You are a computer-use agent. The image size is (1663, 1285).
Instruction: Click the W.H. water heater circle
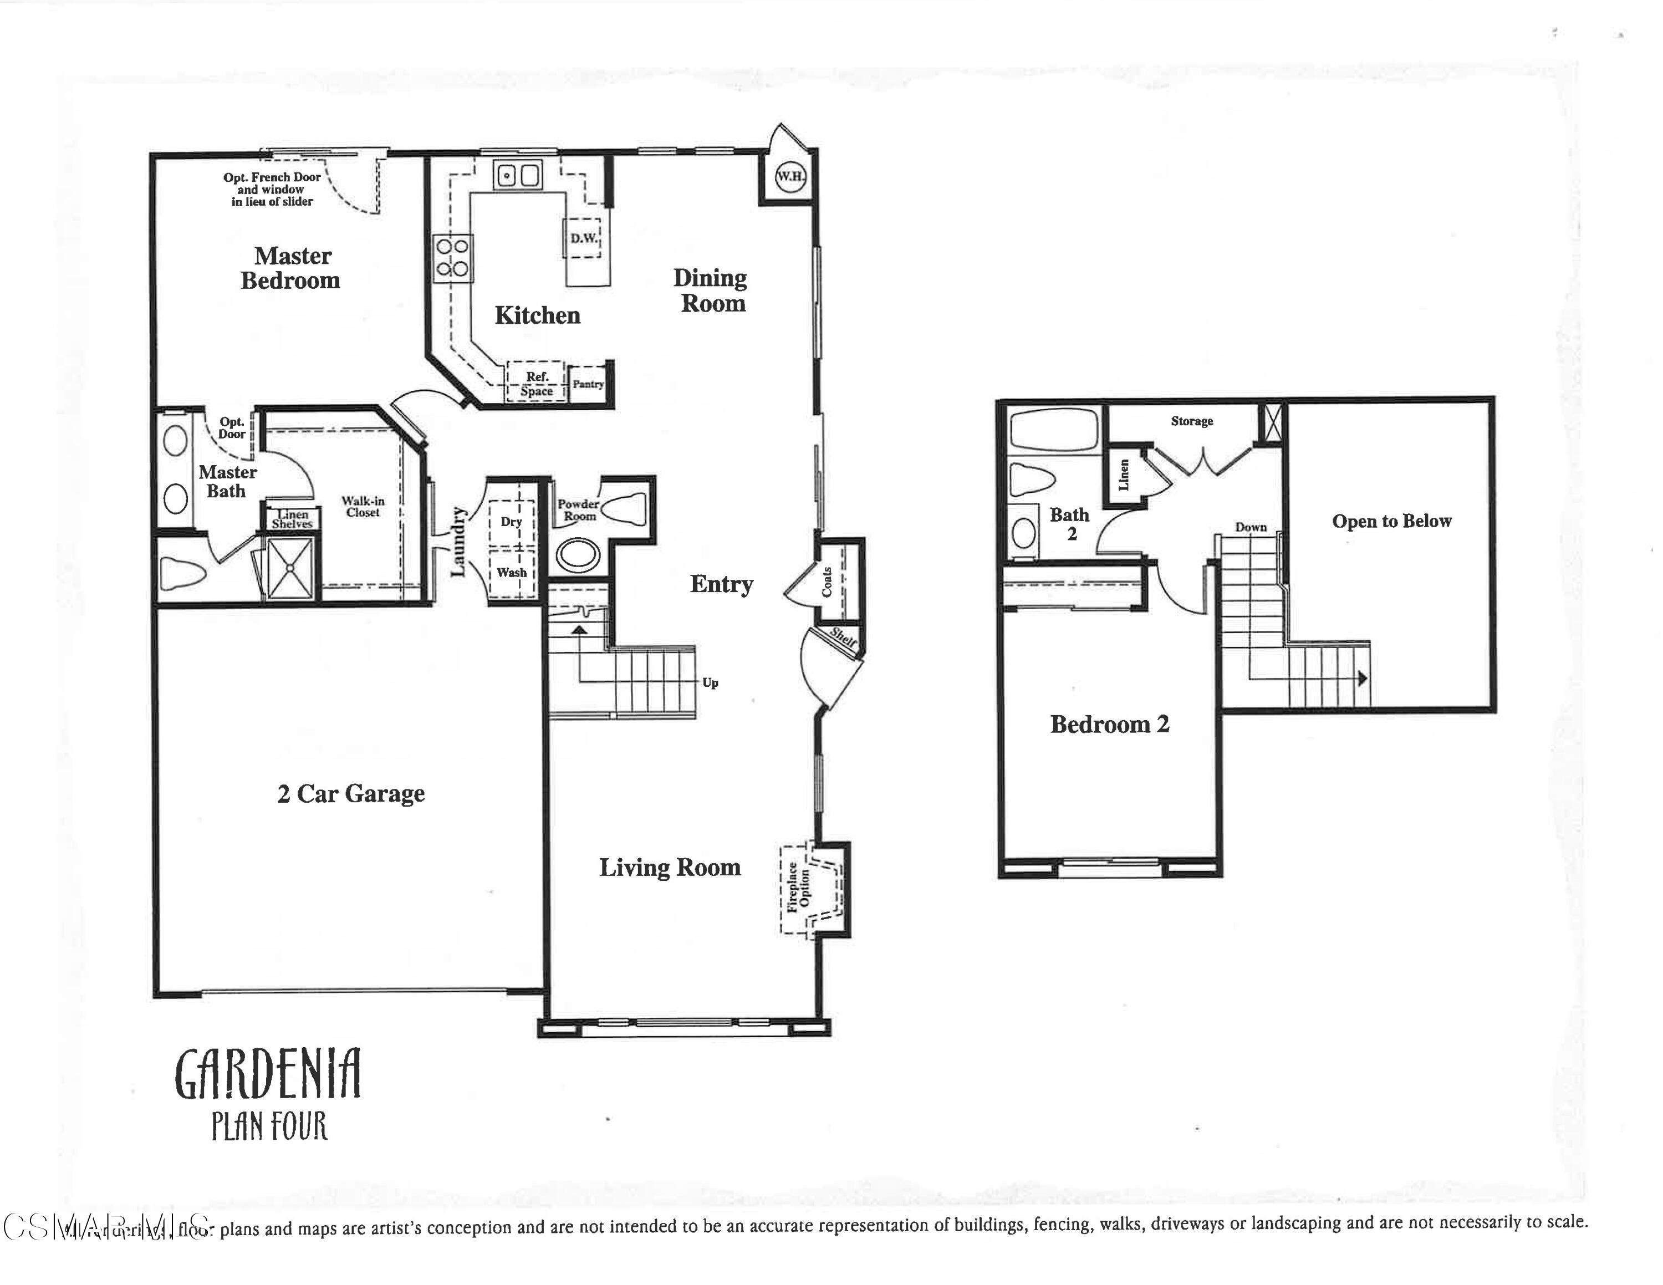tap(789, 177)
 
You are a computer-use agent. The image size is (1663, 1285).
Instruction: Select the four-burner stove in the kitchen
tap(452, 257)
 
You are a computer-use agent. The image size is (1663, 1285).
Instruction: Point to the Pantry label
tap(588, 384)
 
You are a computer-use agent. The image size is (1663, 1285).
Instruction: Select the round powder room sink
tap(578, 555)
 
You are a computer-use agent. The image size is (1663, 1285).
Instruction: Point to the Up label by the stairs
tap(710, 683)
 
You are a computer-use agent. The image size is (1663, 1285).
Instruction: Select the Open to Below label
tap(1391, 522)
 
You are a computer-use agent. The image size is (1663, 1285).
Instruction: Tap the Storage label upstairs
tap(1192, 421)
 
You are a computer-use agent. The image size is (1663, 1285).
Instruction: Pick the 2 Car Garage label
tap(350, 794)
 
